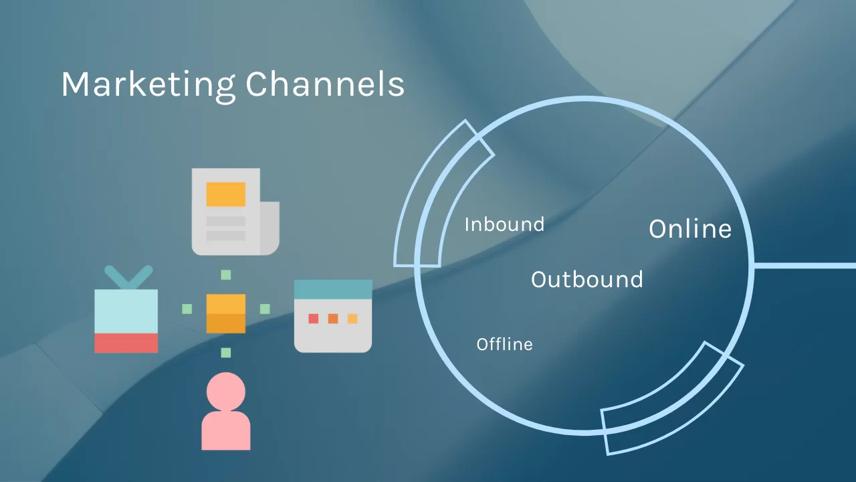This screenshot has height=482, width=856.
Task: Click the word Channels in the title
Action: tap(325, 84)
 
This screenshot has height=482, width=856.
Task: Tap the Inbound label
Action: tap(504, 224)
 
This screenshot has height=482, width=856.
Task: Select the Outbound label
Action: tap(587, 279)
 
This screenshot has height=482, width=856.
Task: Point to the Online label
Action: tap(690, 229)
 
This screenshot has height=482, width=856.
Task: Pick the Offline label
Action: tap(504, 344)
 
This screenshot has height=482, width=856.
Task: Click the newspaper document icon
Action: tap(234, 212)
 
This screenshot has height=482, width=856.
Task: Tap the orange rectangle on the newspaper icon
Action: tap(226, 194)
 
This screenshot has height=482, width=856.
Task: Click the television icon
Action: tap(126, 315)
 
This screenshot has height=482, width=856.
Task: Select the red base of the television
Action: tap(126, 343)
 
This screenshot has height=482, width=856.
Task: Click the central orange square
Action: tap(226, 313)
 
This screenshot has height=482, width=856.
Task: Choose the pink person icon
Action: tap(226, 411)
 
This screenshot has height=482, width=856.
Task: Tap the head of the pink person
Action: tap(226, 390)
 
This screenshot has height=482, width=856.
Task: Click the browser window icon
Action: tap(333, 316)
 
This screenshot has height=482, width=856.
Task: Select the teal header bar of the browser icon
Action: tap(333, 289)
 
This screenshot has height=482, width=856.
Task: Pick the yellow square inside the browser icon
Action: tap(352, 319)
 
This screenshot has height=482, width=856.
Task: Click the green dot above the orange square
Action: tap(226, 274)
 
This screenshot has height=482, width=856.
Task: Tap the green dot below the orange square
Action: tap(226, 352)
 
